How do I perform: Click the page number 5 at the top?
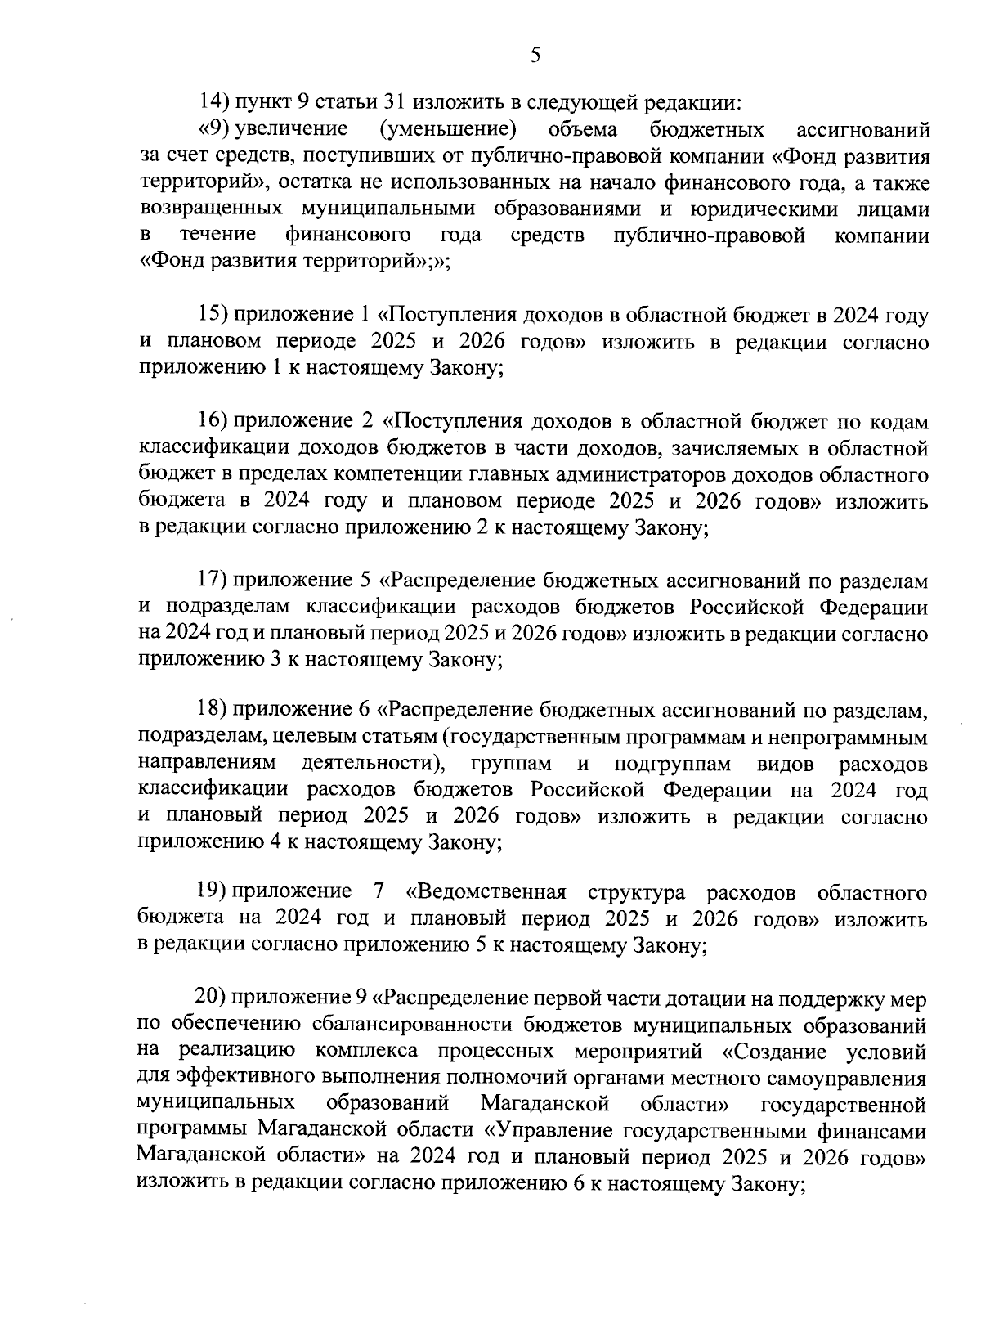pos(535,55)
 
